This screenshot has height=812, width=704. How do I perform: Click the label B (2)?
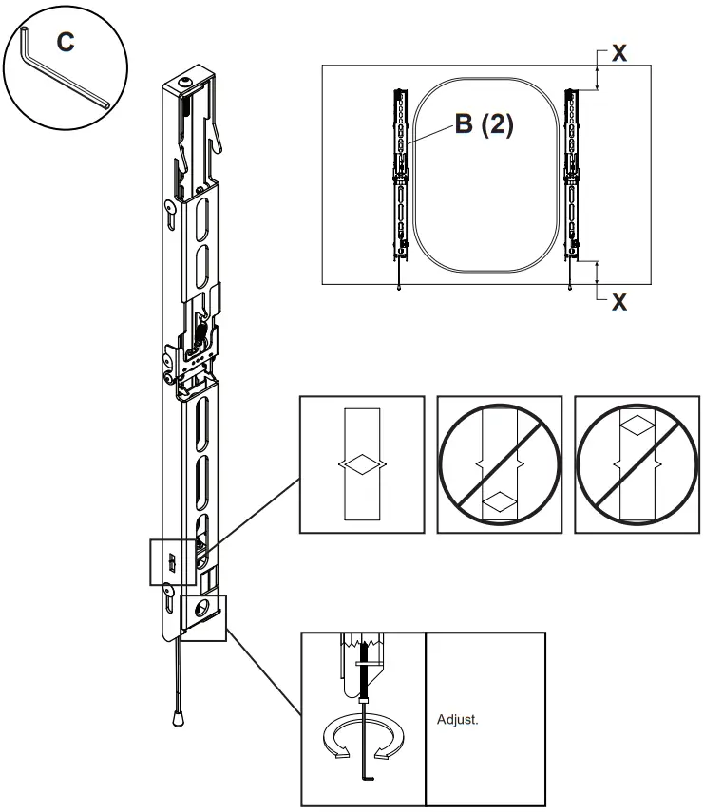[484, 125]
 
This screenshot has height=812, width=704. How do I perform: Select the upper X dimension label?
[618, 54]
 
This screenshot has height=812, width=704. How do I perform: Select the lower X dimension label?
[618, 303]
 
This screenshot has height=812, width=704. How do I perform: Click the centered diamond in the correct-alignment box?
[361, 464]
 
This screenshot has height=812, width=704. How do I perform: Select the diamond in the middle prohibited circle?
[499, 500]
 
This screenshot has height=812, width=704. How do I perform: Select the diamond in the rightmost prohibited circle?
[637, 426]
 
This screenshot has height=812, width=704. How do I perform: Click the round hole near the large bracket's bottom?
[200, 608]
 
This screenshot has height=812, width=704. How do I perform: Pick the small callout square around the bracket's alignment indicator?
[171, 560]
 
